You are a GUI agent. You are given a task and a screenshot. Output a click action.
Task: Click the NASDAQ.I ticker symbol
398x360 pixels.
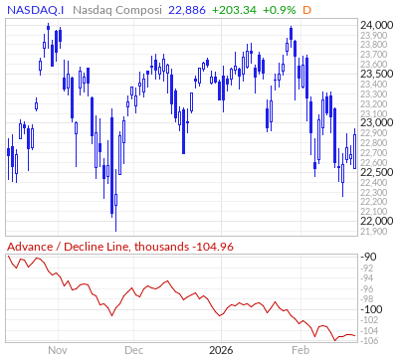35,8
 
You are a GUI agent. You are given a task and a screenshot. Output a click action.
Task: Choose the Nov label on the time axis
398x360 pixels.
57,350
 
